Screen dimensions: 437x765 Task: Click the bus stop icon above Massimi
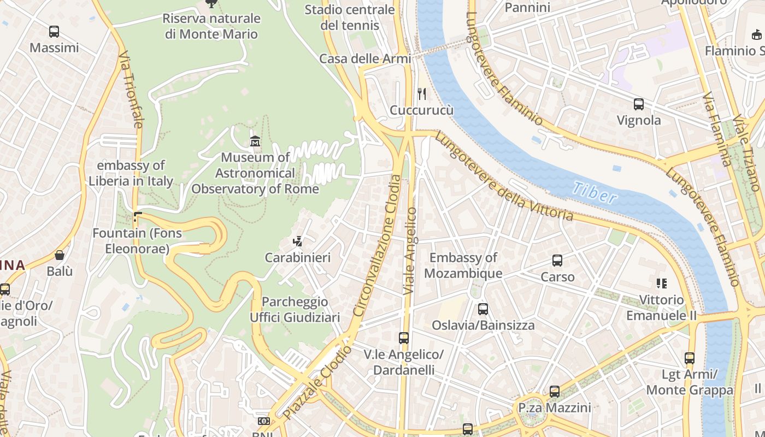coord(54,32)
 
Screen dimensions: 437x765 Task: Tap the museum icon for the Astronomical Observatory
coord(255,141)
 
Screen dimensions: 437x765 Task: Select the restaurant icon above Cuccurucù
coord(421,94)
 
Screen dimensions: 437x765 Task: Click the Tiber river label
coord(595,193)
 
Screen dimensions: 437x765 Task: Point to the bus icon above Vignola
coord(638,104)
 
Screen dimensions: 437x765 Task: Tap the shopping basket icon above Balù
coord(59,255)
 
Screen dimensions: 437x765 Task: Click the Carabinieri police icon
coord(298,241)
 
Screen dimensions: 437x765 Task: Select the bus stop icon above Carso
coord(557,261)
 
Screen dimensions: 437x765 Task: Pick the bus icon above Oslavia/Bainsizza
coord(483,309)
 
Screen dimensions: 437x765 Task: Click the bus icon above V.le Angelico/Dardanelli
coord(404,338)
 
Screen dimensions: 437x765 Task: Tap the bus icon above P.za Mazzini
coord(555,392)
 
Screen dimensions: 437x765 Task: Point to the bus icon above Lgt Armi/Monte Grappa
coord(690,358)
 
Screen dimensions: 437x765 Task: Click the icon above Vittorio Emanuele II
coord(662,284)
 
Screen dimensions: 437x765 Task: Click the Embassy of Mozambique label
coord(463,265)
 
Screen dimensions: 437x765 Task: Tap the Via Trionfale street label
coord(131,90)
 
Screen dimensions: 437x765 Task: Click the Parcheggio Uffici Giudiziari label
coord(295,309)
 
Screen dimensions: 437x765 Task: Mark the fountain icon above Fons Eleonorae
coord(137,217)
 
